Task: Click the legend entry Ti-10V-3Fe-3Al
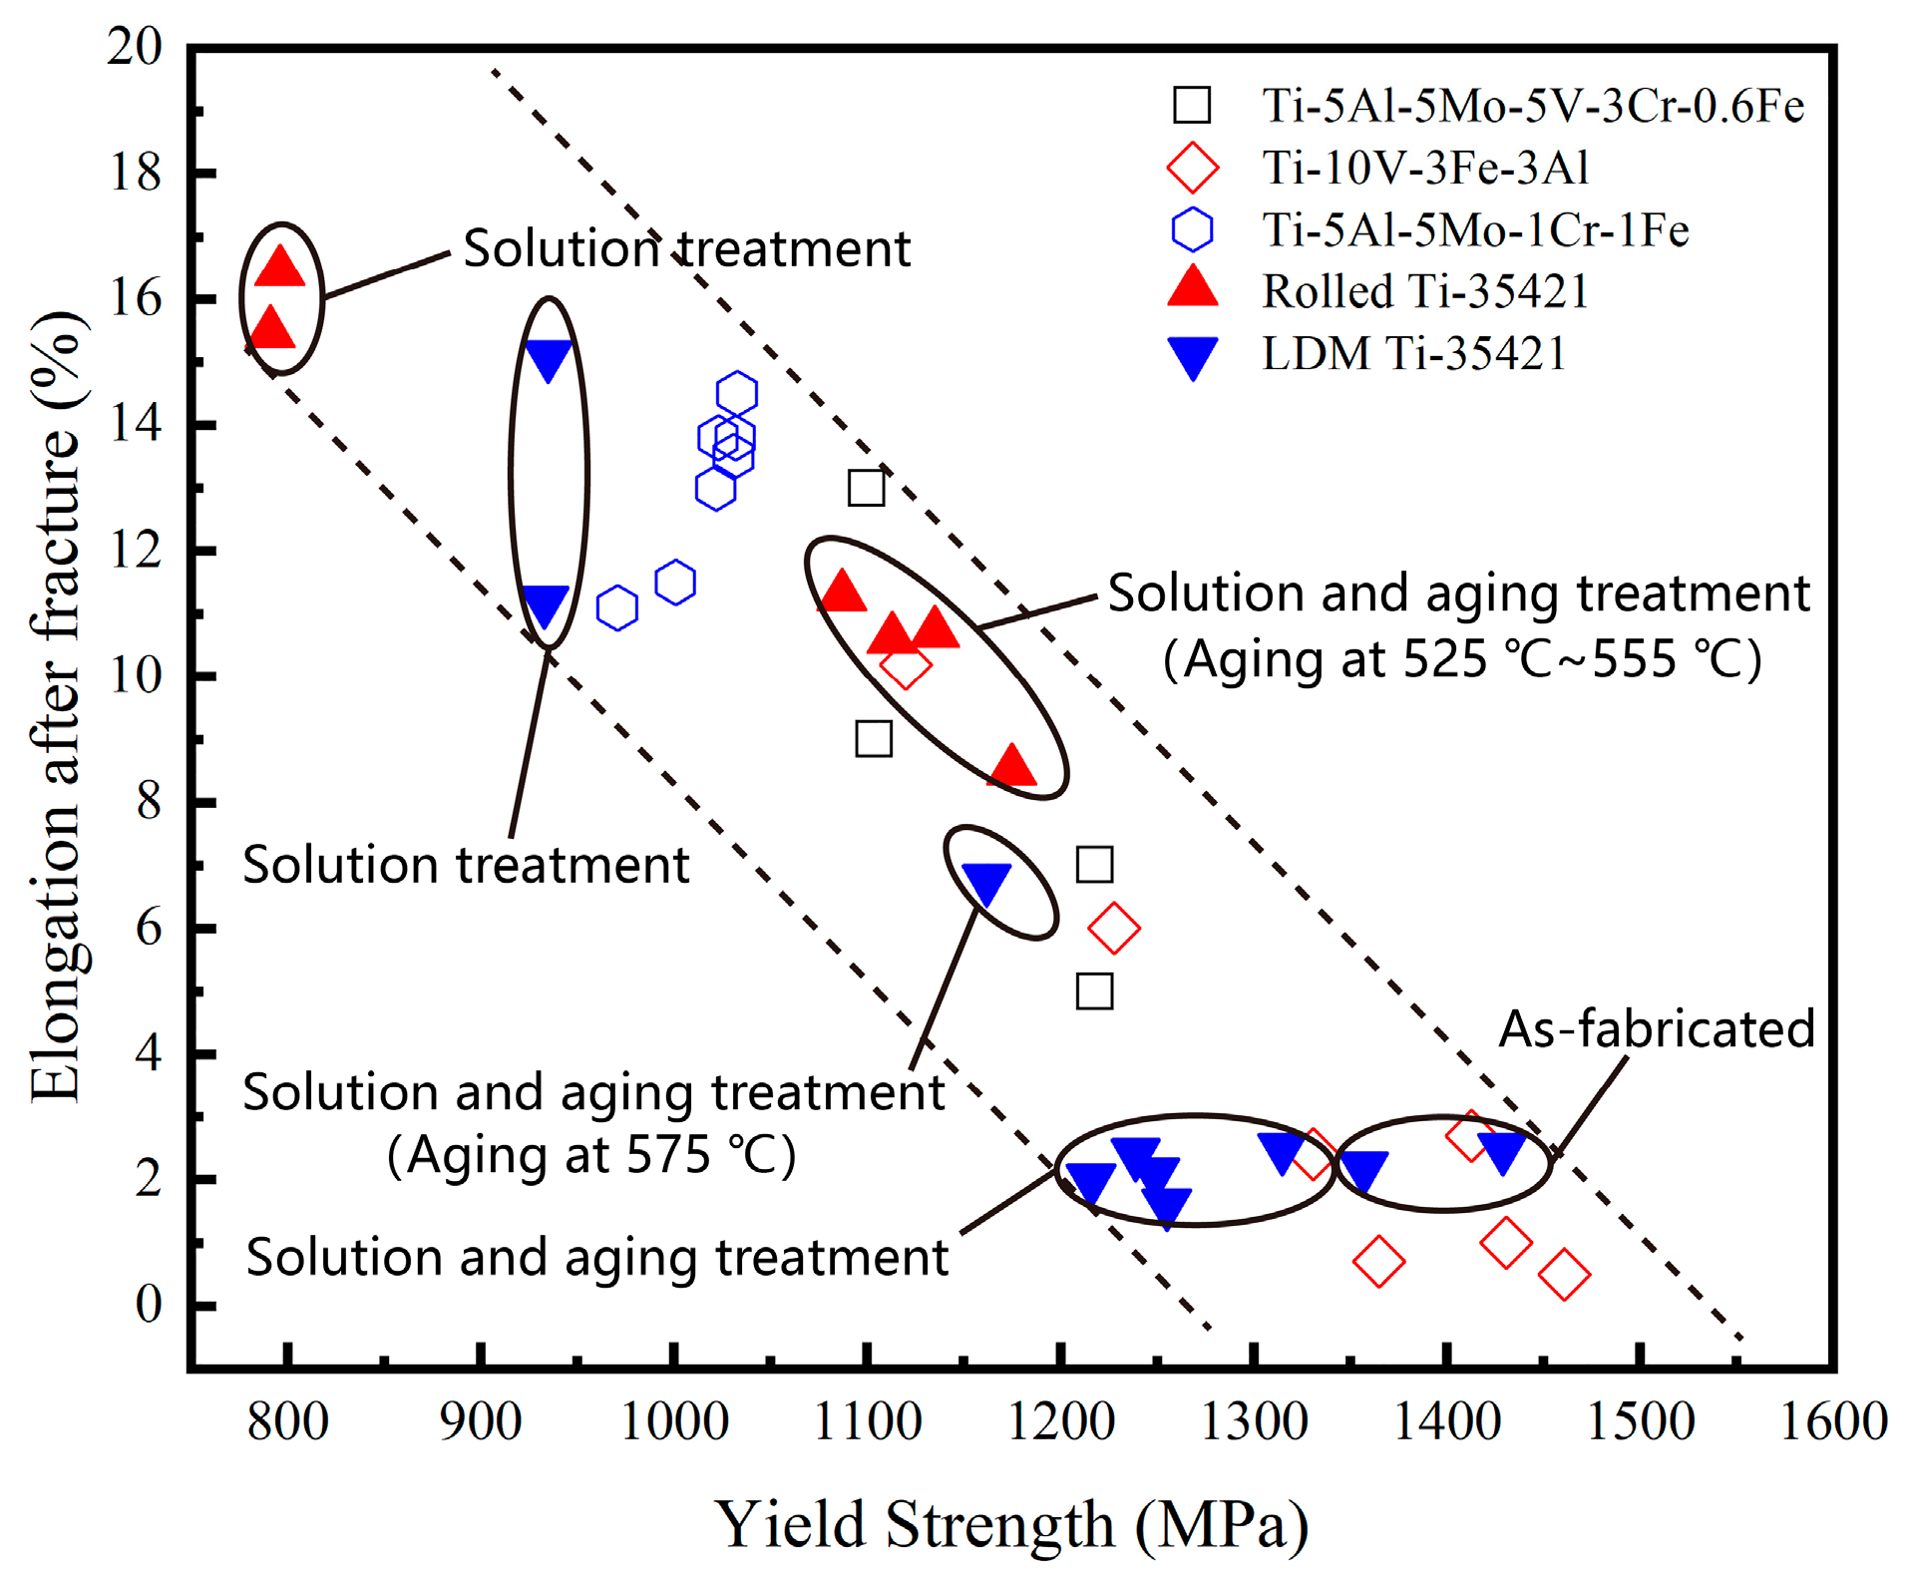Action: pos(1425,168)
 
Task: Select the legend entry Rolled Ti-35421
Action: pos(1425,291)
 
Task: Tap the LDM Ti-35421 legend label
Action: pos(1414,353)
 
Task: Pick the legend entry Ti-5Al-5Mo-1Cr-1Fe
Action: pos(1475,229)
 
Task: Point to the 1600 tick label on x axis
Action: pos(1833,1420)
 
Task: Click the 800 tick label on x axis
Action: pos(287,1420)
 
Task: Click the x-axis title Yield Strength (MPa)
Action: pos(1011,1523)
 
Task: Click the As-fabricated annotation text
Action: pos(1657,1028)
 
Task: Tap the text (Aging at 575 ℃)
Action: pos(591,1155)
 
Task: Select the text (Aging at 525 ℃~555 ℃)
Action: pos(1463,658)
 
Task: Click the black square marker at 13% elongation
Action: pos(866,488)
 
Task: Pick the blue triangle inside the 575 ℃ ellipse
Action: pos(986,883)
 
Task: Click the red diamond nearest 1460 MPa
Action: pos(1563,1274)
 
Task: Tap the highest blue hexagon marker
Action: pos(737,393)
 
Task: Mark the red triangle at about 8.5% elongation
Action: pos(1012,766)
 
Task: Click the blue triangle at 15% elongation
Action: pos(548,359)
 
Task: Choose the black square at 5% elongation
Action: pos(1094,991)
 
